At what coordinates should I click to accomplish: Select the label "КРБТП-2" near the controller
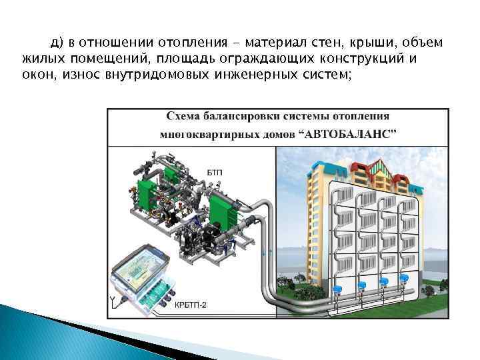pyautogui.click(x=191, y=305)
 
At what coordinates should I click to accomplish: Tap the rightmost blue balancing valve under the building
pyautogui.click(x=403, y=282)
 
